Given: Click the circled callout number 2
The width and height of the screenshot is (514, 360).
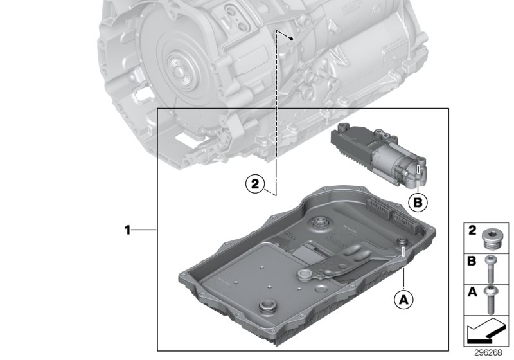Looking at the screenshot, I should click(x=255, y=184).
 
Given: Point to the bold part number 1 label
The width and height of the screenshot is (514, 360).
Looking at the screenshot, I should click(x=128, y=229).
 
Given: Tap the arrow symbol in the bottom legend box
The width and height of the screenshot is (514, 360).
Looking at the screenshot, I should click(x=485, y=333).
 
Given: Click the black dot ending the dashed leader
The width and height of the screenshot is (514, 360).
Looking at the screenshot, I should click(x=292, y=39).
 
